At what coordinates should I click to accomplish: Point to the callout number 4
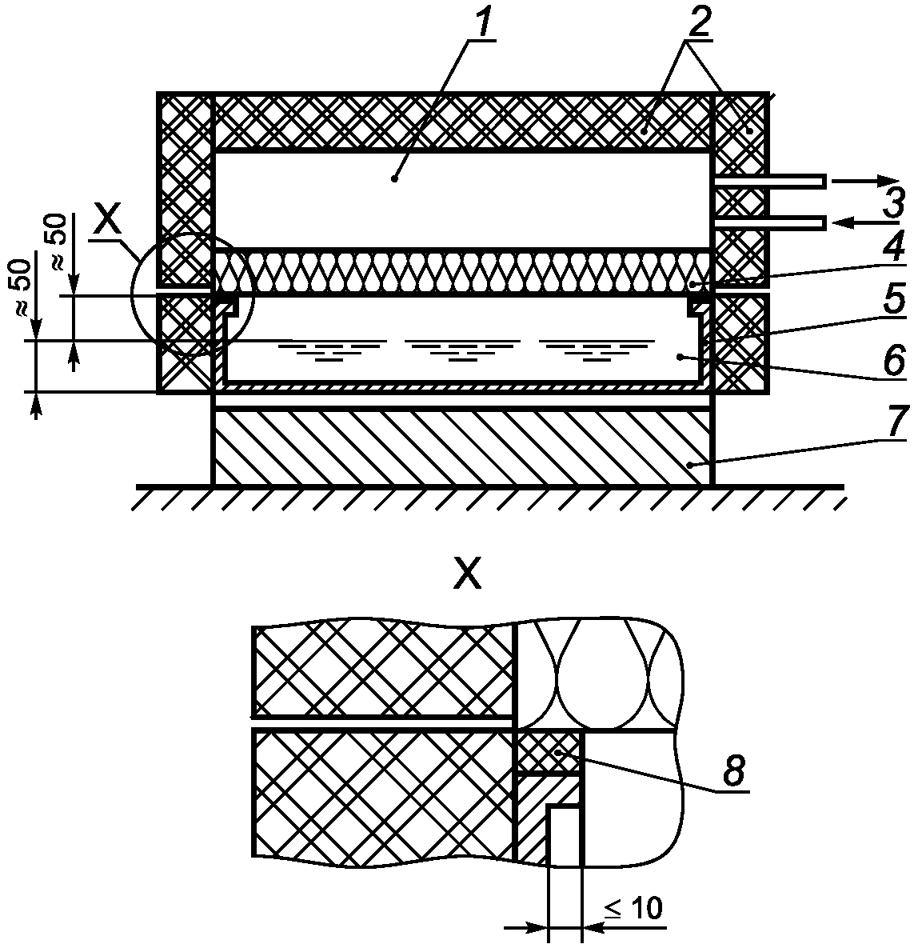pyautogui.click(x=893, y=243)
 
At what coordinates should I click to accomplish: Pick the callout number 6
pyautogui.click(x=893, y=359)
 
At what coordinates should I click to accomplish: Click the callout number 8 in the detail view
pyautogui.click(x=733, y=770)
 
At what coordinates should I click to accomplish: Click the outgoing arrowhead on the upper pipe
pyautogui.click(x=887, y=181)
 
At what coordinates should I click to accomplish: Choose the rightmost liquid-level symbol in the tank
pyautogui.click(x=596, y=350)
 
